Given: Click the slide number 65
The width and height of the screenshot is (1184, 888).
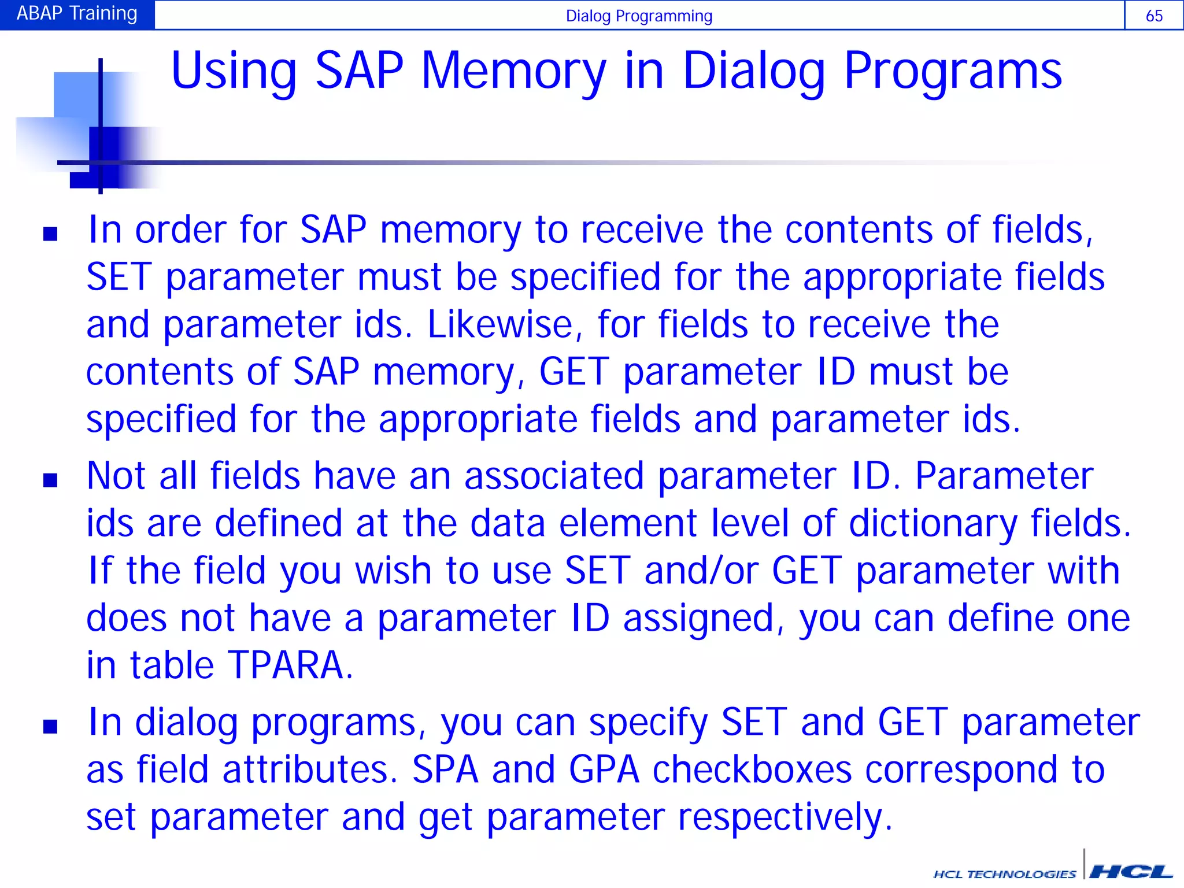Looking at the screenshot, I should coord(1153,16).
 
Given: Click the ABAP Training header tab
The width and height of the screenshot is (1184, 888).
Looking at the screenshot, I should coord(77,14).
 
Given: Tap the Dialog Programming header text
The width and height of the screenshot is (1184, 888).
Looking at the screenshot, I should coord(639,16).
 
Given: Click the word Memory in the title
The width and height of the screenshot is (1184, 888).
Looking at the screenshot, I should coord(514,71).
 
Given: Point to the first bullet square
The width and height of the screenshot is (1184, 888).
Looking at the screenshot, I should coord(50,234).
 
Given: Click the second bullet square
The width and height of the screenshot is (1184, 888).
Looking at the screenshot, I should coord(50,480).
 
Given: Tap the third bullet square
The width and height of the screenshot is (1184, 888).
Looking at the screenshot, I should coord(50,726).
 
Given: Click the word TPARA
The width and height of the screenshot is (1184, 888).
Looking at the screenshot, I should coord(290,665).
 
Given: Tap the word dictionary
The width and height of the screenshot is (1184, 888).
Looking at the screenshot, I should coord(933,523).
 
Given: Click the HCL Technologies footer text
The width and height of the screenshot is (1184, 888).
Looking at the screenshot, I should coord(1005,874).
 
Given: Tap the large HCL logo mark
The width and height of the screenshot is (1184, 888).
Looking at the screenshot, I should coord(1130,871).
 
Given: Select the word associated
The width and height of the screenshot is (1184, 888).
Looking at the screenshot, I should coord(554,476).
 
